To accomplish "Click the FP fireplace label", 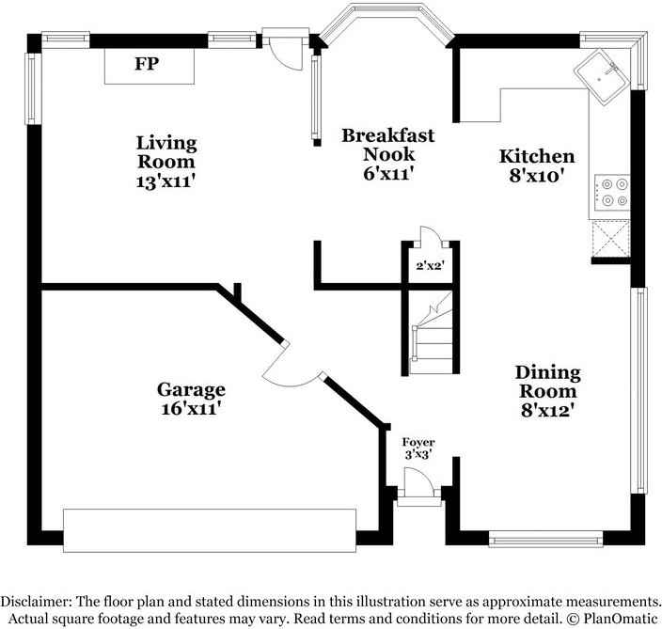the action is (x=147, y=64).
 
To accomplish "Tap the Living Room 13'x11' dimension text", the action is (x=165, y=182).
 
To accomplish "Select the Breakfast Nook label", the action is (x=388, y=145).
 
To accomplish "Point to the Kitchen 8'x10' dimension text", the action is (x=537, y=176).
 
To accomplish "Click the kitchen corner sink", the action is (x=602, y=76).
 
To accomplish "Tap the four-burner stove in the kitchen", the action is (x=612, y=193).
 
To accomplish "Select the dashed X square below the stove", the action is (x=611, y=239).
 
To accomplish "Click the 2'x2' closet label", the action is (x=431, y=266).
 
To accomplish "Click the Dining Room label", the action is (x=548, y=382).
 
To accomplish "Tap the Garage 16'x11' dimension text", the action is (x=191, y=409).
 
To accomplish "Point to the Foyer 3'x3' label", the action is (x=418, y=448).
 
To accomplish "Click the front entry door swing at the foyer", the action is (x=418, y=481).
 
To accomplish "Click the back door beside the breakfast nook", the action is (x=287, y=50).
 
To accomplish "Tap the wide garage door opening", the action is (x=210, y=530).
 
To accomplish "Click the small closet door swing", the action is (x=430, y=236).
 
